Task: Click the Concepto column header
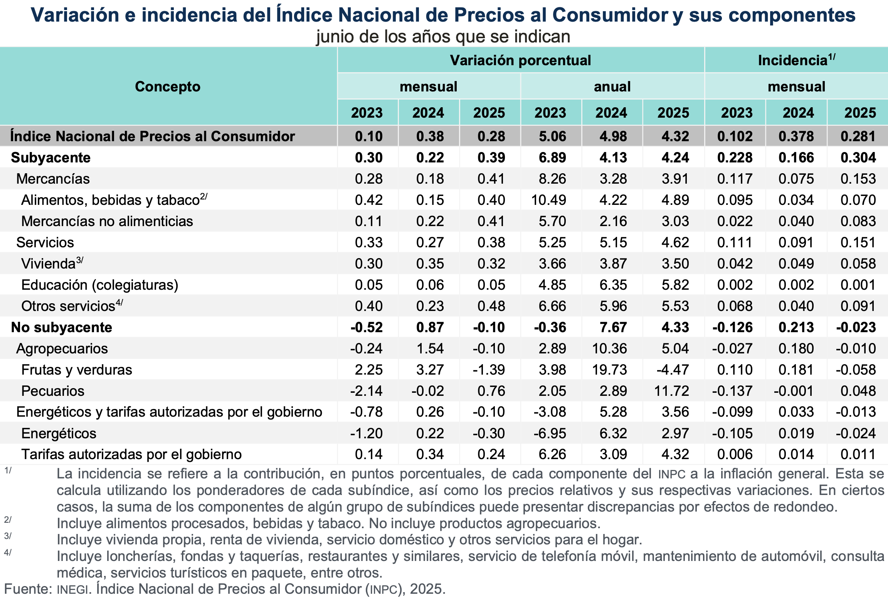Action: [x=168, y=87]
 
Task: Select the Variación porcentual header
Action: [x=520, y=61]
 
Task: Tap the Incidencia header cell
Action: [x=796, y=61]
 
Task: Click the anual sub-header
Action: [x=612, y=87]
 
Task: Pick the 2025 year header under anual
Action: [x=673, y=113]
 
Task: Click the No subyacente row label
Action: [x=62, y=327]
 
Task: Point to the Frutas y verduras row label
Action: [x=77, y=370]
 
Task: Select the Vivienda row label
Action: [x=49, y=264]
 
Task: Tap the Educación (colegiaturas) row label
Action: [x=100, y=285]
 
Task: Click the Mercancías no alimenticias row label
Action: [x=107, y=221]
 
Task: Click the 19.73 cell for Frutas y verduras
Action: [x=609, y=370]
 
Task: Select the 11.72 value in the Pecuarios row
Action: [x=671, y=391]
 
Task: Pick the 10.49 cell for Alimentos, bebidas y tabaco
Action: [x=548, y=200]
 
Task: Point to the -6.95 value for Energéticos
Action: [x=550, y=433]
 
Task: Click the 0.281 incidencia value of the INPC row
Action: [x=858, y=136]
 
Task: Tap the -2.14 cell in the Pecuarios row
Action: [x=366, y=391]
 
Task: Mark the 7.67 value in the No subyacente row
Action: [x=613, y=327]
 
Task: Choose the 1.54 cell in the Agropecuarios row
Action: [x=430, y=348]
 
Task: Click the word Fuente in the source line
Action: [x=27, y=589]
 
